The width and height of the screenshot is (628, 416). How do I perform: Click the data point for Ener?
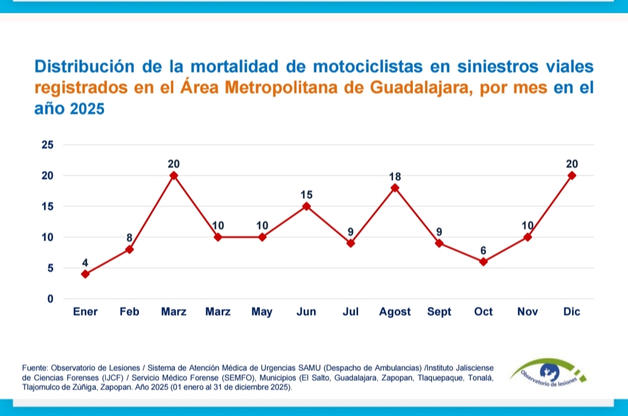(x=85, y=274)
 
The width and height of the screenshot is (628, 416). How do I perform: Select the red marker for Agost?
(x=395, y=188)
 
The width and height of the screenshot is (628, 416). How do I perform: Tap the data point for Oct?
(x=483, y=262)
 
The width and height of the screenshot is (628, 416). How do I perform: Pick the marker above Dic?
(x=572, y=175)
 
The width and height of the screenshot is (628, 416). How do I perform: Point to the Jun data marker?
(x=306, y=207)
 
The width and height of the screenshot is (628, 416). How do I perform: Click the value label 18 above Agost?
(x=395, y=176)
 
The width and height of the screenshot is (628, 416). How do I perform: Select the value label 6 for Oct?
(x=483, y=250)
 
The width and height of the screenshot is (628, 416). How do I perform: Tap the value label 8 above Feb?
(x=130, y=237)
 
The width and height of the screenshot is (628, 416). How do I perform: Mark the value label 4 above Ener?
(x=85, y=262)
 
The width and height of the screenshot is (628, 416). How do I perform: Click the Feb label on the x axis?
(x=130, y=312)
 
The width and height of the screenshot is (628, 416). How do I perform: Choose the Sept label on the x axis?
(x=439, y=312)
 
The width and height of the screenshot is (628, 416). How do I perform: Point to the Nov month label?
(x=527, y=312)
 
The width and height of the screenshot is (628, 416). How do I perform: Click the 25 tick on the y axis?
(x=47, y=145)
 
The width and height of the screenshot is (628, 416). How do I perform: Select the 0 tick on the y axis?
(x=50, y=299)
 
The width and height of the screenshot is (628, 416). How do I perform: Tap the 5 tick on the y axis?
(x=50, y=268)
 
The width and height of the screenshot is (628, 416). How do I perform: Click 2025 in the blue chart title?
(x=87, y=109)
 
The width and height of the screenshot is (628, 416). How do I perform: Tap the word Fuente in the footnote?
(x=35, y=368)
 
